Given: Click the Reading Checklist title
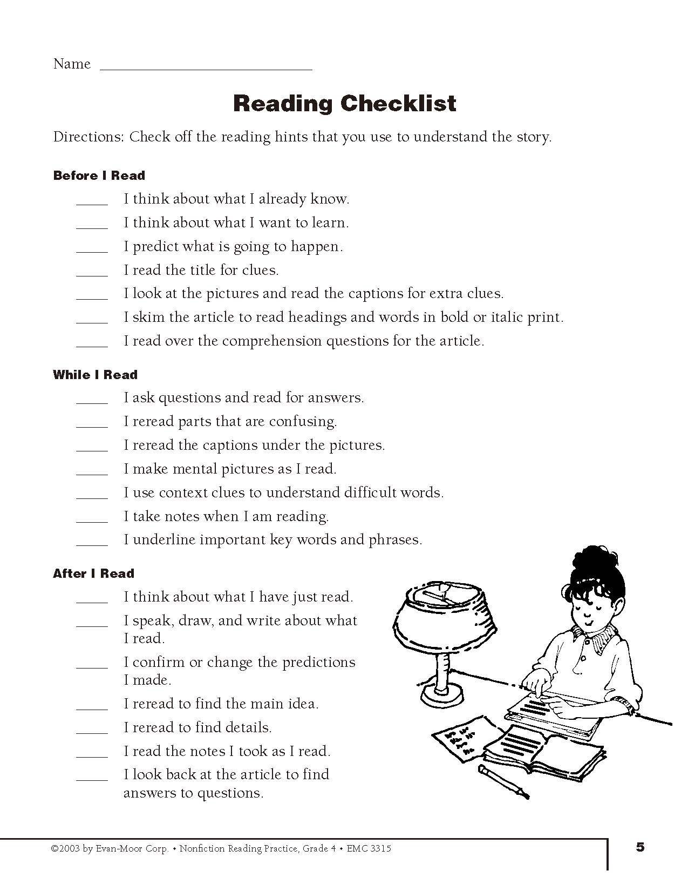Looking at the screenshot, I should tap(344, 103).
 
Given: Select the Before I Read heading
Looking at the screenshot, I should tap(99, 175).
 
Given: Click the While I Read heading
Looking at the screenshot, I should tap(95, 375).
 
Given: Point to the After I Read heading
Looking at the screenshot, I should tap(93, 573).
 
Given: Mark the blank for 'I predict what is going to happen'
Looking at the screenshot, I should tap(92, 249).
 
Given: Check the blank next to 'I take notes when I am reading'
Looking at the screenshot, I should tap(92, 519).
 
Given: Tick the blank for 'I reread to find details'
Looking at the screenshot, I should tap(92, 730).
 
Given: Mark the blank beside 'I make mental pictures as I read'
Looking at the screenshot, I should tap(92, 471).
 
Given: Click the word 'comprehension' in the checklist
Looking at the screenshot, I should tap(273, 341).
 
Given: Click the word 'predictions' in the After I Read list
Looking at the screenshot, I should tap(318, 662).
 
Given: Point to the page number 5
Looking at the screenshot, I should tap(640, 847).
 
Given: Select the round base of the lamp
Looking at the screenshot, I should tap(444, 693).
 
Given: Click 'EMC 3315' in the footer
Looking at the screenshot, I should tap(369, 848).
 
